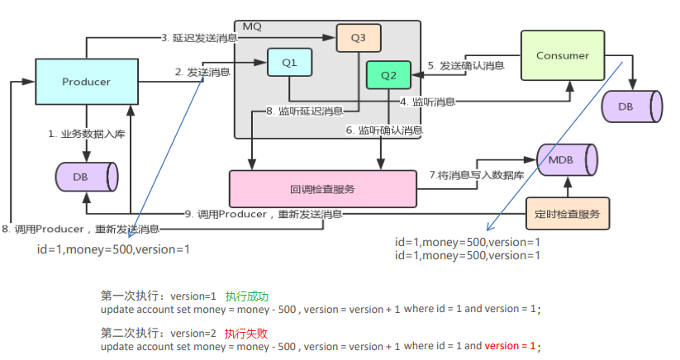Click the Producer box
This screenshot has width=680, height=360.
coord(86,82)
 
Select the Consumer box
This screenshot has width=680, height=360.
coord(563,55)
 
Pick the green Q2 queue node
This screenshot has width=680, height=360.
coord(388,74)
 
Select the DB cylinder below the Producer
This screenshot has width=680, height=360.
coord(86,177)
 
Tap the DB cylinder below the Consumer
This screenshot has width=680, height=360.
coord(632,105)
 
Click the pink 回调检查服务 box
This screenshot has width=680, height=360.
coord(323,189)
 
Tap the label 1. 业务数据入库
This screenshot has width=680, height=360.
coord(88,132)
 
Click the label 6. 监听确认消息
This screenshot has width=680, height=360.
coord(384,130)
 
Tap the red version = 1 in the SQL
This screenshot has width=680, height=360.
coord(510,347)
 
